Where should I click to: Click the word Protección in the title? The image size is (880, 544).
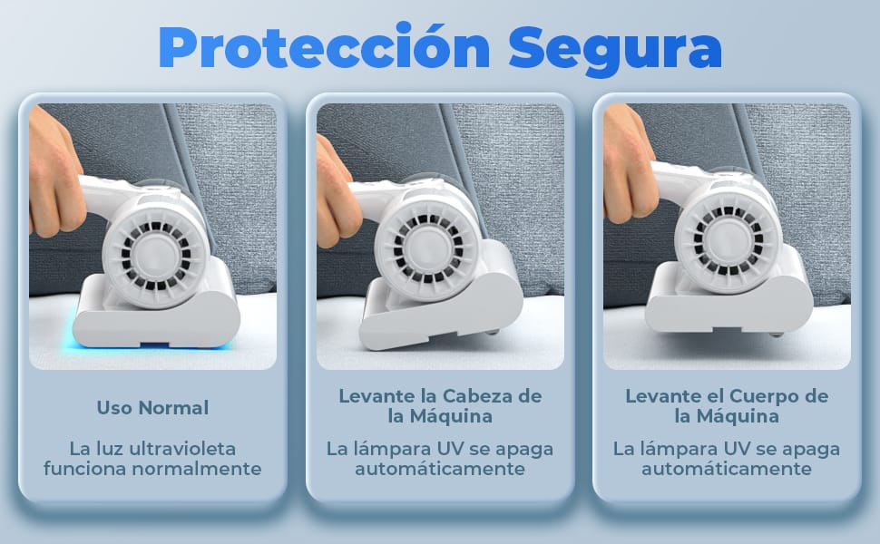[325, 48]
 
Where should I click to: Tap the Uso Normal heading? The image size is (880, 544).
[152, 408]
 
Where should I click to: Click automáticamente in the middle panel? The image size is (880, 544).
[440, 468]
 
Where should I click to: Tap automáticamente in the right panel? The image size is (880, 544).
[727, 468]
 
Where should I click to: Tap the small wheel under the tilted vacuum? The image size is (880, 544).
[493, 331]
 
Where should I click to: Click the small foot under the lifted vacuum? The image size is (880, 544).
[777, 334]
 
